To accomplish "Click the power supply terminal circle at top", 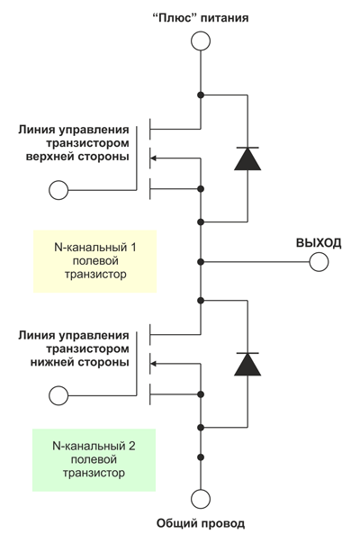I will tap(201, 41).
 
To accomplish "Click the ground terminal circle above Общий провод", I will tap(201, 498).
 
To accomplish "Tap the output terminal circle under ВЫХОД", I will tap(318, 261).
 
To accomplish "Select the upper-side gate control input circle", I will tap(58, 189).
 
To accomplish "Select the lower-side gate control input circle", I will tap(58, 394).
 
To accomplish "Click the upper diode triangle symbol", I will tap(247, 158).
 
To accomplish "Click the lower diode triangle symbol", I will tap(247, 364).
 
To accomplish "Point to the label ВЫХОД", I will tap(319, 242).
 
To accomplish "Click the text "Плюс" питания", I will tap(200, 17).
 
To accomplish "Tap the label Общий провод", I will tap(200, 523).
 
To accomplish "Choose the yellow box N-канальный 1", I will tap(94, 260).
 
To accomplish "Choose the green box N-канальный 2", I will tap(94, 459).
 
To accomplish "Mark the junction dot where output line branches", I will tap(201, 261).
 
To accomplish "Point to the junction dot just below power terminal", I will tap(201, 95).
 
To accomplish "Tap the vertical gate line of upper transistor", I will tap(138, 158).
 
